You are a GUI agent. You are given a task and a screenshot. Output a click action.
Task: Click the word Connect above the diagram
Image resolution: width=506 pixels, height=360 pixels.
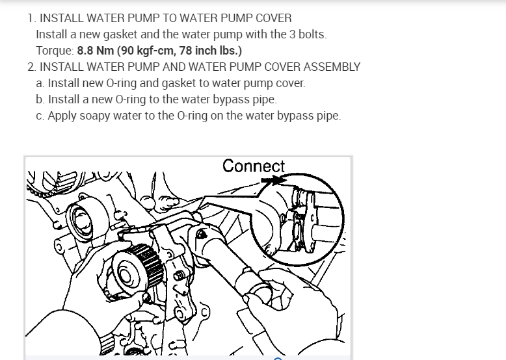pyautogui.click(x=254, y=166)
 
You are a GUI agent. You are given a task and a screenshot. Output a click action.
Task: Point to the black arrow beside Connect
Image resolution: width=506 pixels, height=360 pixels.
pyautogui.click(x=273, y=180)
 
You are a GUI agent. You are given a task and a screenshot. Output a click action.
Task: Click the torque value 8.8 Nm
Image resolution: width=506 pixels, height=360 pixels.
pyautogui.click(x=96, y=51)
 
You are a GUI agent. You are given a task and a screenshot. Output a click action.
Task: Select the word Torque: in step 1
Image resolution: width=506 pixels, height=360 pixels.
pyautogui.click(x=55, y=51)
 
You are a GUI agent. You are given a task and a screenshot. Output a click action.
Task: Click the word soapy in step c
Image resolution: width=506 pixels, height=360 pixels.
pyautogui.click(x=95, y=116)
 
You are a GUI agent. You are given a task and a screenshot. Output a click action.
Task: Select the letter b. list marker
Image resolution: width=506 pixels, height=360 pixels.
pyautogui.click(x=40, y=99)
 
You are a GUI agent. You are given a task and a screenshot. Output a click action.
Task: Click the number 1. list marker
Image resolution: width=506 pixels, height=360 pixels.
pyautogui.click(x=32, y=18)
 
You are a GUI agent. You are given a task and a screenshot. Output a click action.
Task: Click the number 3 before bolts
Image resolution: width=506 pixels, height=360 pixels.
pyautogui.click(x=293, y=34)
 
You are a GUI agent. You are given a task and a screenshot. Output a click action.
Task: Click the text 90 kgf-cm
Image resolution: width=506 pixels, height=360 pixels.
pyautogui.click(x=148, y=51)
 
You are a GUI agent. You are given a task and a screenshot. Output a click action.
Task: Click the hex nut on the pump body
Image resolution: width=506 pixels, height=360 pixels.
pyautogui.click(x=180, y=276)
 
